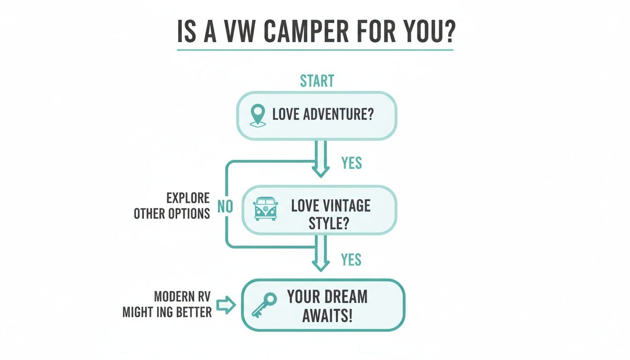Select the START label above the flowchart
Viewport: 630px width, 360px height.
click(x=317, y=81)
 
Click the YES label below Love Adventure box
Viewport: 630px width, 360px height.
click(x=352, y=163)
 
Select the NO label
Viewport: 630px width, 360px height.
click(x=225, y=207)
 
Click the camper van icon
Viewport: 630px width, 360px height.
click(x=265, y=209)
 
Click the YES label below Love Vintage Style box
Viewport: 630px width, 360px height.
click(x=352, y=259)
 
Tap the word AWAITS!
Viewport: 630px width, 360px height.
click(x=327, y=315)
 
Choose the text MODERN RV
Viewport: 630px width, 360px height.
click(x=182, y=297)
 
